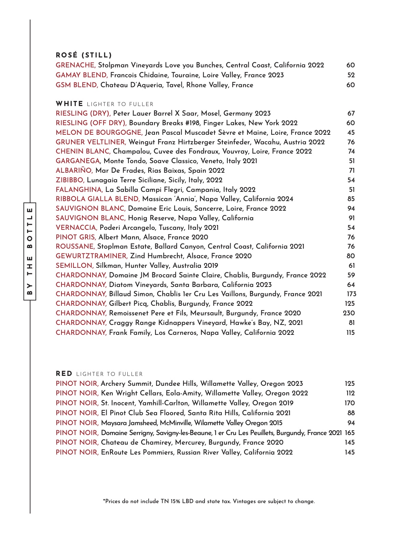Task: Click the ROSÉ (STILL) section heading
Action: click(x=84, y=55)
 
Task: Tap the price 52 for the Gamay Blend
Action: click(x=351, y=75)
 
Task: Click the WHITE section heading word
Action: click(x=69, y=104)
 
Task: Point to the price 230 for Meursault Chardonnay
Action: click(x=349, y=313)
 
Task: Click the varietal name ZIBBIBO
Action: click(x=70, y=180)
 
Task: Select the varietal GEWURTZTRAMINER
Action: click(x=92, y=256)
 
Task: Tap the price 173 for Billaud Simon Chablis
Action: click(x=351, y=294)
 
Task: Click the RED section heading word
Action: click(x=64, y=373)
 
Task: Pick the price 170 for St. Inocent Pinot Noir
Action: click(x=349, y=403)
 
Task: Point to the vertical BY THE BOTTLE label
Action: click(x=30, y=251)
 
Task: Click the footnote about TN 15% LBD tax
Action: click(x=209, y=501)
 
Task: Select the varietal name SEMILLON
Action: click(x=74, y=265)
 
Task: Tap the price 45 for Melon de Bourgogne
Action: click(x=351, y=132)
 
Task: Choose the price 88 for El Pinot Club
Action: click(x=351, y=413)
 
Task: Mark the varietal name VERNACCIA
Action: click(x=77, y=227)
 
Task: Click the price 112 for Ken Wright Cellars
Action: click(x=350, y=393)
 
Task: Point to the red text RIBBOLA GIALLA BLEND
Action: click(x=98, y=199)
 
